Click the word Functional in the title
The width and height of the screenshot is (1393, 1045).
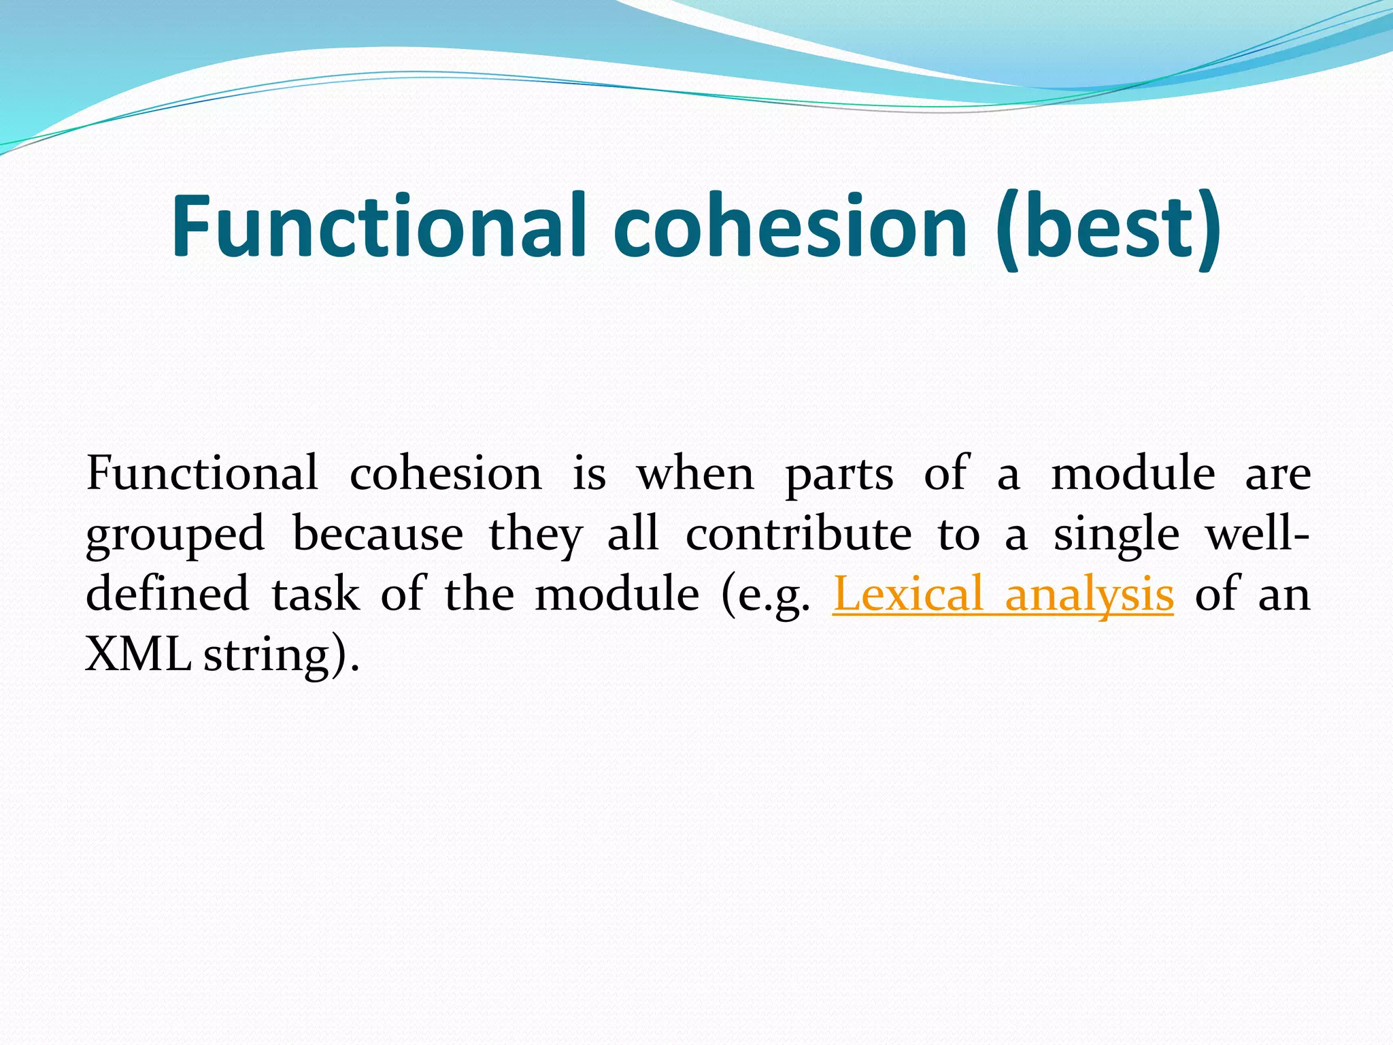click(378, 226)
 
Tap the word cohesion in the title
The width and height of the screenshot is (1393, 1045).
click(790, 226)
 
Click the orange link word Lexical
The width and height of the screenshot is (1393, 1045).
click(908, 594)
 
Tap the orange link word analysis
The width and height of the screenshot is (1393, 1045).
click(1089, 594)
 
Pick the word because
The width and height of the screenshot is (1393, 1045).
click(377, 534)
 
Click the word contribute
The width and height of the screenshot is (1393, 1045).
click(799, 534)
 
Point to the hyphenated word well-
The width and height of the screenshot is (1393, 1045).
click(1257, 534)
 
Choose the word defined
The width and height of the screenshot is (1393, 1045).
click(168, 594)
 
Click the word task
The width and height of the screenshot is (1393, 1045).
click(316, 594)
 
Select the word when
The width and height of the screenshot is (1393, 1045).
click(695, 474)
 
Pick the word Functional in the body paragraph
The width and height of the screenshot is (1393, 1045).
click(202, 474)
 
